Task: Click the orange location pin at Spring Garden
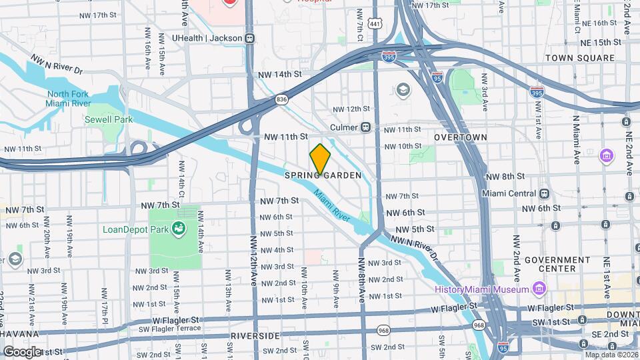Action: tap(321, 159)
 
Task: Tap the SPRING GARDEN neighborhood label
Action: tap(323, 176)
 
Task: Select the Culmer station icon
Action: tap(365, 127)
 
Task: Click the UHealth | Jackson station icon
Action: tap(249, 39)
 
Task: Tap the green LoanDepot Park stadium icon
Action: tap(179, 229)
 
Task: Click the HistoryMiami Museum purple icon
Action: tap(538, 289)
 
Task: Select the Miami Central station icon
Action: tap(545, 194)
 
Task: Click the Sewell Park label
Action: tap(109, 120)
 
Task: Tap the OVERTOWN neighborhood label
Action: tap(460, 137)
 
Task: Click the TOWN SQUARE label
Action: tap(579, 59)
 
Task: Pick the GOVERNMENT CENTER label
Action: tap(559, 264)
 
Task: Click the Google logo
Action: tap(21, 351)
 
